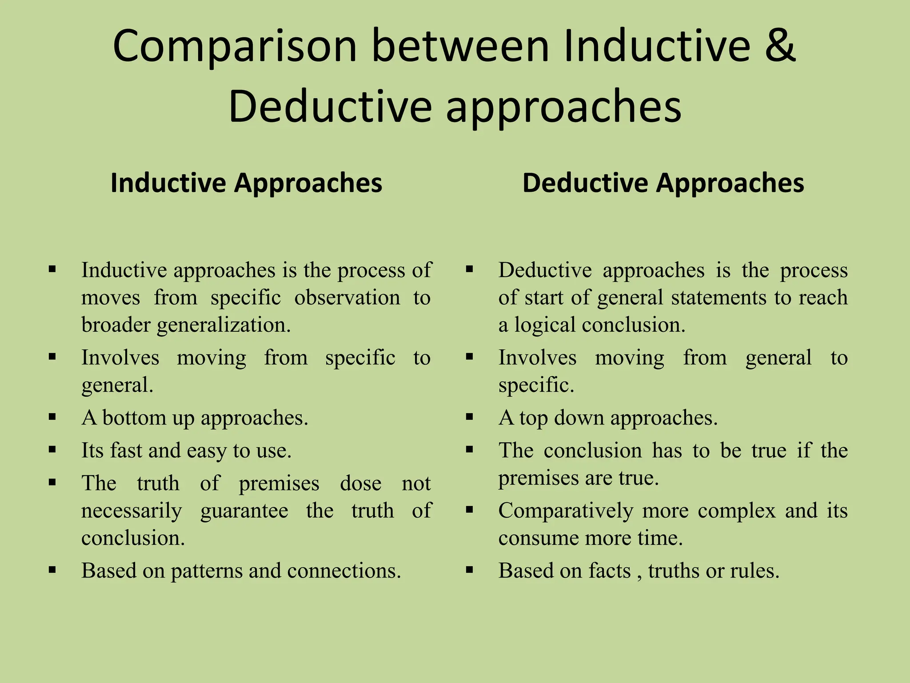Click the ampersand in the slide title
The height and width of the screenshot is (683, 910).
click(779, 46)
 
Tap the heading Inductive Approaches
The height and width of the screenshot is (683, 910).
click(246, 183)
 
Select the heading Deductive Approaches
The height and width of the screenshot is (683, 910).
click(663, 183)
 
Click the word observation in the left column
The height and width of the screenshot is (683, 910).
click(347, 297)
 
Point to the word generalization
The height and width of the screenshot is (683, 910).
click(224, 325)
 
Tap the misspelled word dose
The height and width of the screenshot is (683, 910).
click(360, 483)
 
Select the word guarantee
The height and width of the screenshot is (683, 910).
click(244, 511)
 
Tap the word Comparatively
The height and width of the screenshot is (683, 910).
click(566, 511)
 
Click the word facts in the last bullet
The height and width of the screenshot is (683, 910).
click(610, 571)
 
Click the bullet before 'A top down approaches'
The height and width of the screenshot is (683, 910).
click(470, 417)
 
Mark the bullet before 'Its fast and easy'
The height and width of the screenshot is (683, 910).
click(52, 450)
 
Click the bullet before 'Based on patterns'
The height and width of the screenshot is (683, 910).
click(52, 570)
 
